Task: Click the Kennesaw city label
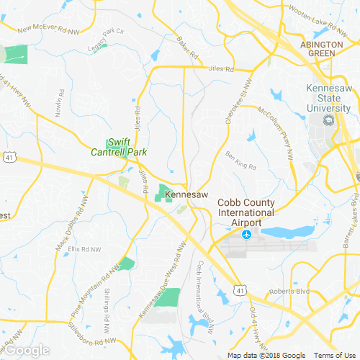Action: tap(187, 195)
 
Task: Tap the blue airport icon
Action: tap(247, 235)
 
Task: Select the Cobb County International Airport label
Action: tap(246, 213)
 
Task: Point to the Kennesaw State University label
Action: tap(329, 98)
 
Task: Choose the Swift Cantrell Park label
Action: tap(118, 147)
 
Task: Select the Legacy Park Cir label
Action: tap(106, 36)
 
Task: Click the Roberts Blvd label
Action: tap(285, 292)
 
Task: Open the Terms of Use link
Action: tap(334, 355)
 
